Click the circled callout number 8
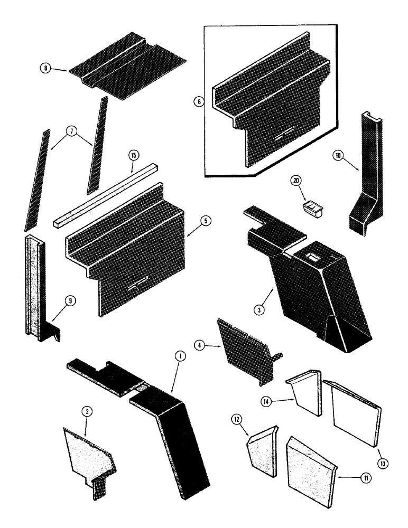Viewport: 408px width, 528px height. point(47,69)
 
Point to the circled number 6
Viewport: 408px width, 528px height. point(199,102)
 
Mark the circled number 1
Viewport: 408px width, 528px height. point(180,357)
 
